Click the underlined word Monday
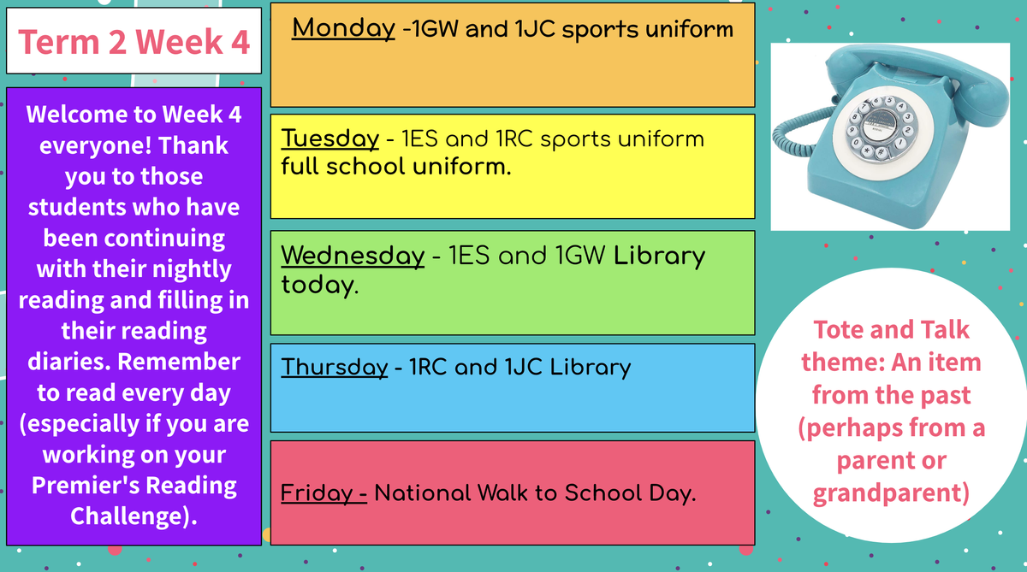click(343, 29)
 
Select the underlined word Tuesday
click(330, 139)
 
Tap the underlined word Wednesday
click(353, 256)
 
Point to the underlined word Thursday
click(335, 368)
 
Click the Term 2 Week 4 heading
click(134, 42)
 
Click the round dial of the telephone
click(882, 127)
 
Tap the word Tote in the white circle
click(839, 330)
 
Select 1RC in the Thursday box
click(428, 368)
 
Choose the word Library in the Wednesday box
click(659, 256)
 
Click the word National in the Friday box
click(422, 493)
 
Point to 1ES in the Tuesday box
click(419, 139)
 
